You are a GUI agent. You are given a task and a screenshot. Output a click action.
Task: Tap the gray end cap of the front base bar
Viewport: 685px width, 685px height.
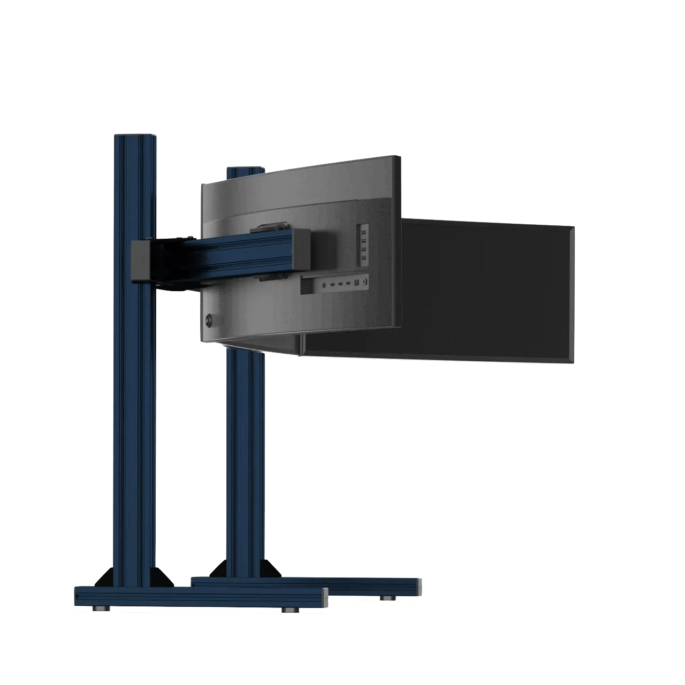pos(325,597)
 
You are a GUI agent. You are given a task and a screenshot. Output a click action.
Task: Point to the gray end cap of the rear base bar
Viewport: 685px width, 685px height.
pos(418,587)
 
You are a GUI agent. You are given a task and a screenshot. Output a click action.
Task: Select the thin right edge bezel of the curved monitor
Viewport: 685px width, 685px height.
pos(398,241)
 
